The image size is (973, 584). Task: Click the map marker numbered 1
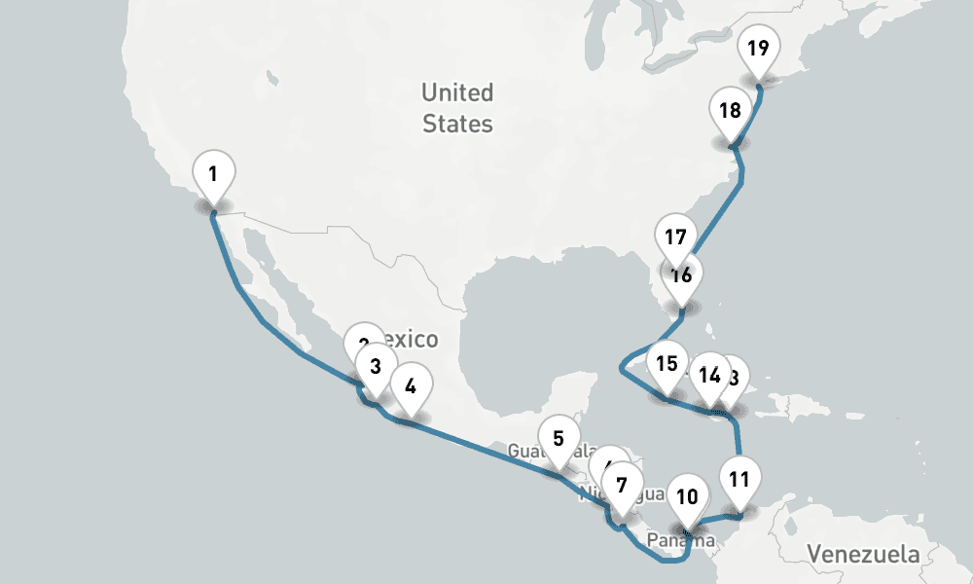tap(214, 176)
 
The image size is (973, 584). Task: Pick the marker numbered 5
tap(559, 439)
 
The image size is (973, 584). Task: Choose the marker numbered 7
tap(623, 484)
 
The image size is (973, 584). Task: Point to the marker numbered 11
tap(739, 480)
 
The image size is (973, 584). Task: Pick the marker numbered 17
tap(676, 236)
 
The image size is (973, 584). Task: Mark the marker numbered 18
tap(731, 111)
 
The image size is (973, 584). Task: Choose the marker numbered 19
tap(759, 48)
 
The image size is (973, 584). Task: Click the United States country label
tap(457, 108)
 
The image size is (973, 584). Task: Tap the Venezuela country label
tap(862, 555)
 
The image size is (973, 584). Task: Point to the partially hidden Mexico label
tap(414, 340)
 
